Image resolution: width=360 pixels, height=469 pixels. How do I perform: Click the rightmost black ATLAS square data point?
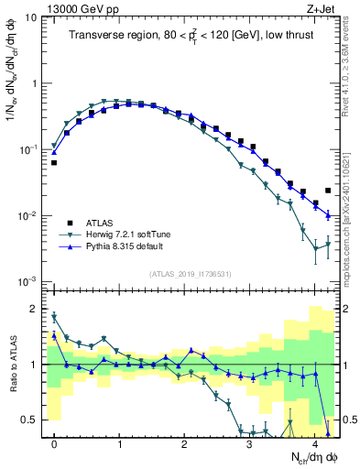[328, 191]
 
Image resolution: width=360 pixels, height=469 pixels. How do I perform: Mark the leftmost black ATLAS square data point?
[54, 162]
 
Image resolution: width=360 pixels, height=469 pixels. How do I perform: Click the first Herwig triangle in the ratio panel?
[54, 318]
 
